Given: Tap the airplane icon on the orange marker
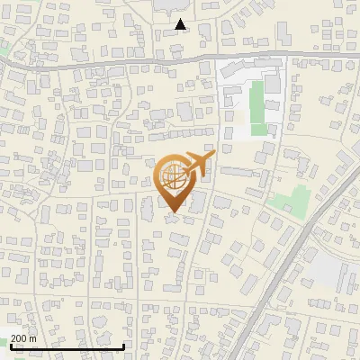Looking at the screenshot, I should tap(198, 164).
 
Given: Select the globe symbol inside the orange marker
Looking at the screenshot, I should tap(175, 177).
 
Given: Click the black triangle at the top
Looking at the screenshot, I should tap(182, 25).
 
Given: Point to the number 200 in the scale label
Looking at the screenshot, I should tap(19, 338).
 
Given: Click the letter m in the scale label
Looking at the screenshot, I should tap(33, 338).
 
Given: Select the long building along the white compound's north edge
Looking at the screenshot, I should tap(243, 72).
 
